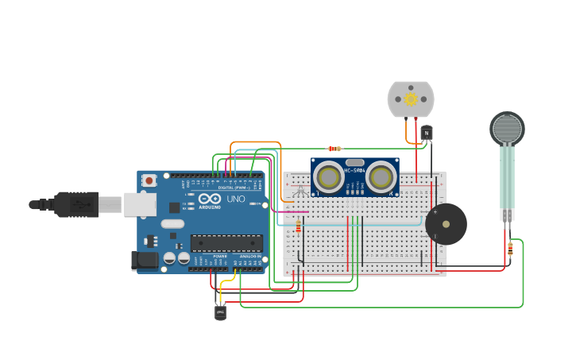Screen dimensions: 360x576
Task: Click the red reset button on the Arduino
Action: [149, 181]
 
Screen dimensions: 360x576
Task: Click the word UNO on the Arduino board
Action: [236, 199]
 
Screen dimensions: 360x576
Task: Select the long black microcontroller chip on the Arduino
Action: [226, 242]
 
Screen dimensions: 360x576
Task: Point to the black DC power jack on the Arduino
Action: [144, 259]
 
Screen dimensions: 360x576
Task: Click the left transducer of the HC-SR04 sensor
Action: [328, 176]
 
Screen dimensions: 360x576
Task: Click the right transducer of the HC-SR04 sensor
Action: [381, 176]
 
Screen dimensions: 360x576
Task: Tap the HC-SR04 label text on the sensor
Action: [354, 170]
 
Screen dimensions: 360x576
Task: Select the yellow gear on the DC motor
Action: [411, 99]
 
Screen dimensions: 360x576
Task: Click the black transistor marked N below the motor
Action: [427, 133]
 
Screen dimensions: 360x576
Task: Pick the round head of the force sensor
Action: [507, 128]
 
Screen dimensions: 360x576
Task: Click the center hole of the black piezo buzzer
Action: [446, 224]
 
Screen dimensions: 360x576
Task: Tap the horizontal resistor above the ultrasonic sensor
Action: [334, 149]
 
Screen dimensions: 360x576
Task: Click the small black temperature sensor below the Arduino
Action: [220, 312]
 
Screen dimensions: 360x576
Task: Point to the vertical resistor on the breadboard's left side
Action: [298, 227]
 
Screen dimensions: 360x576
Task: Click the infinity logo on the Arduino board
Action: [210, 199]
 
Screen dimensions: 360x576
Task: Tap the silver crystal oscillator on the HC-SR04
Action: [354, 162]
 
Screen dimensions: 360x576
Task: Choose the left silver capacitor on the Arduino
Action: [169, 258]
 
